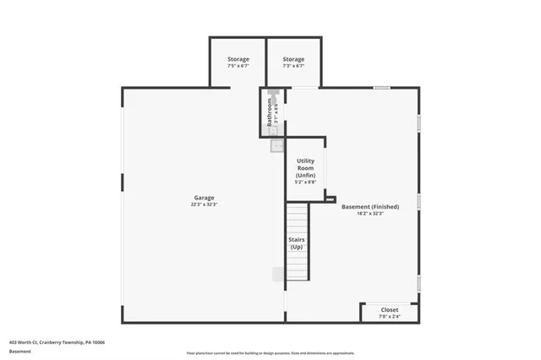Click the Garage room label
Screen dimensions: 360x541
tap(204, 197)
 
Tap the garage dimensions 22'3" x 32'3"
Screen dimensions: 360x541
tap(204, 205)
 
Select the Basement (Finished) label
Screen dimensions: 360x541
tap(369, 206)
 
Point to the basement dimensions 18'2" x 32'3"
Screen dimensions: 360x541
tap(369, 214)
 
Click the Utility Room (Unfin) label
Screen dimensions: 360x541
tap(305, 167)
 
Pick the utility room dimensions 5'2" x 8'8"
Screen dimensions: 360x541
tap(305, 182)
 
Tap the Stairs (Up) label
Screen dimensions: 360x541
tap(297, 243)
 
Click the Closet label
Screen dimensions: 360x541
tap(389, 309)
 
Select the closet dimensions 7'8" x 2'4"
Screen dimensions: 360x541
tap(389, 316)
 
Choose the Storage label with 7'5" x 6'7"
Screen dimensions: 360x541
tap(238, 59)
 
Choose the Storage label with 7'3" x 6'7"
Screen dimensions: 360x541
tap(293, 59)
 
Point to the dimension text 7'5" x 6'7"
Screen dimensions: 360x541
tap(238, 66)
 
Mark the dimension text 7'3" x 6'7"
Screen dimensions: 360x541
tap(293, 66)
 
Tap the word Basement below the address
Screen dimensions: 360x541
tap(20, 352)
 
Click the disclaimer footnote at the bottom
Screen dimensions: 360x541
tap(270, 352)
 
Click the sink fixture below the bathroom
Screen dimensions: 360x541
tap(276, 146)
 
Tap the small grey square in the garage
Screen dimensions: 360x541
tap(278, 274)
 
